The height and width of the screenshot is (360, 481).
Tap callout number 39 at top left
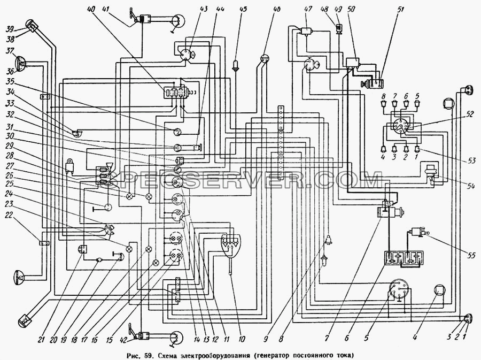pyautogui.click(x=10, y=29)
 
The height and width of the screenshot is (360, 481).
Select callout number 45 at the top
pyautogui.click(x=243, y=9)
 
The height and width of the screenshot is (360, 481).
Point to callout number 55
pyautogui.click(x=471, y=255)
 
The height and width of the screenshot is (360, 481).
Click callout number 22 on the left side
pyautogui.click(x=9, y=216)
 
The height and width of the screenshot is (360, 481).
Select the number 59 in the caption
pyautogui.click(x=150, y=355)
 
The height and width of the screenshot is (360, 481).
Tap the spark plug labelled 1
pyautogui.click(x=417, y=149)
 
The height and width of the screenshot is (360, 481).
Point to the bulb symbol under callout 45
pyautogui.click(x=235, y=65)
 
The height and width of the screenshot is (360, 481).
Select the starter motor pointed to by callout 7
pyautogui.click(x=390, y=211)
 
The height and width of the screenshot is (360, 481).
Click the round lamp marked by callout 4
pyautogui.click(x=440, y=290)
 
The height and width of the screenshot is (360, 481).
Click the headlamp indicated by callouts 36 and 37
pyautogui.click(x=20, y=64)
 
